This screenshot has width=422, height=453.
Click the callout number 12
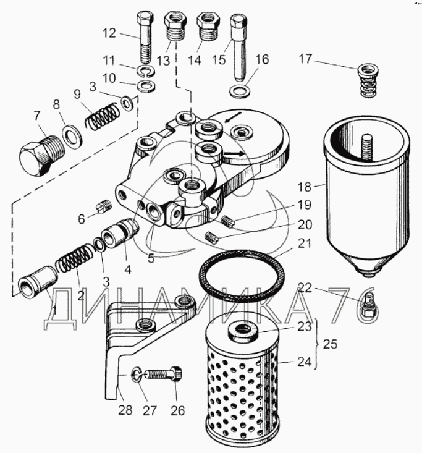[x=109, y=33]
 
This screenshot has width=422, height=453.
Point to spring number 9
[x=103, y=116]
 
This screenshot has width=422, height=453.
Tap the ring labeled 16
[x=240, y=91]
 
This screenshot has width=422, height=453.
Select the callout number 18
[x=305, y=187]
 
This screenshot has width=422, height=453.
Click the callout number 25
[x=331, y=344]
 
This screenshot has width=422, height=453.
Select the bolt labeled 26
[x=163, y=375]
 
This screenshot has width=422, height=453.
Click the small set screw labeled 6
[x=103, y=206]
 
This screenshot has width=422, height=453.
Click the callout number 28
[x=125, y=410]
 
